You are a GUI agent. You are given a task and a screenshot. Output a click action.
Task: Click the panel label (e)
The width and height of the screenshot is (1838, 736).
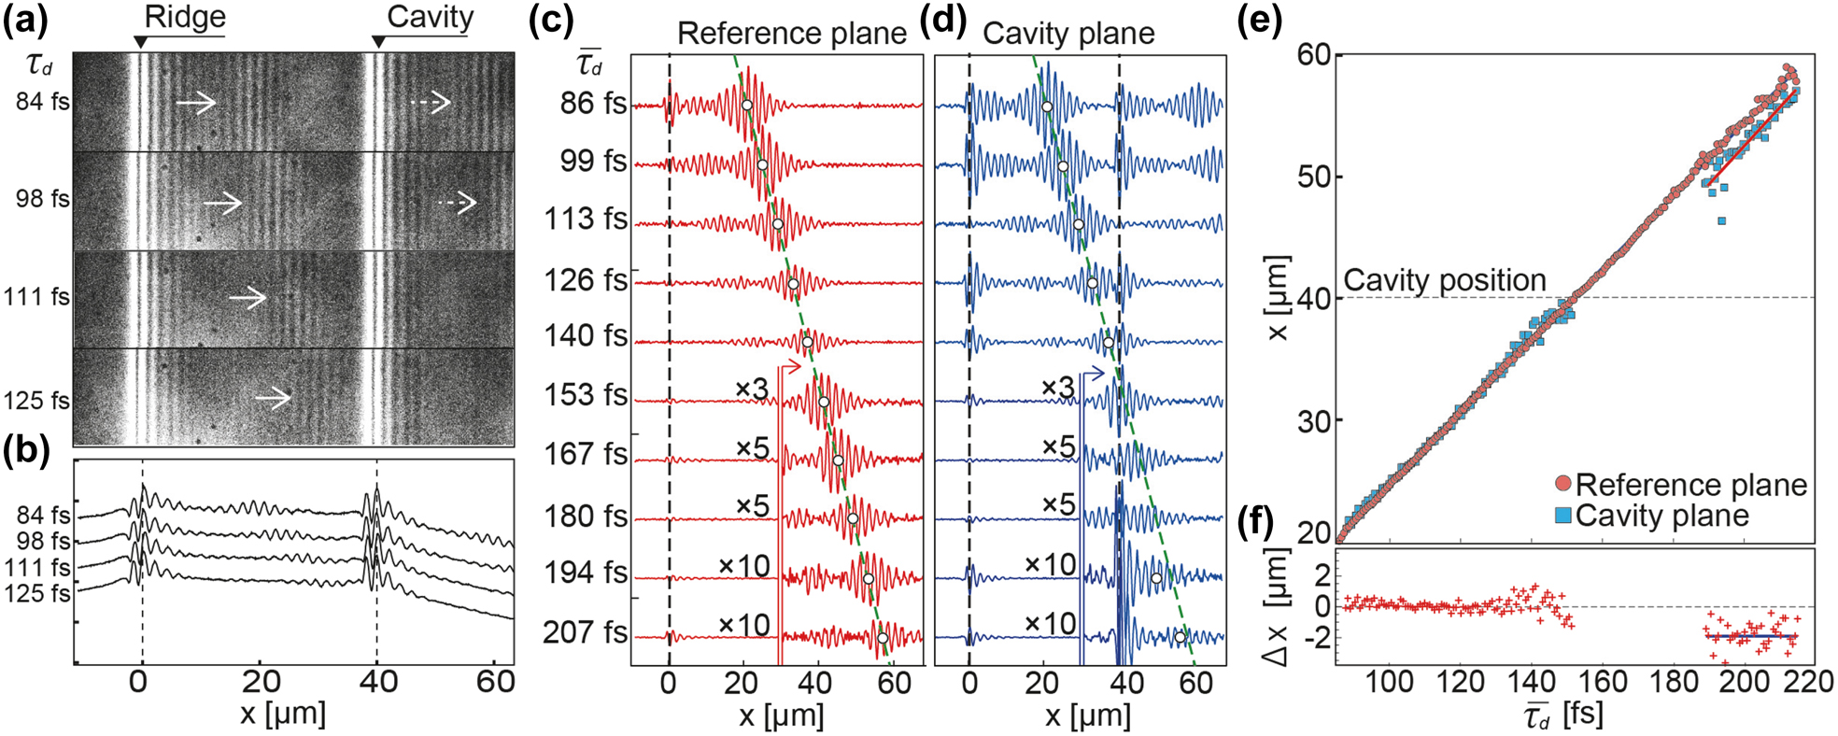1260,21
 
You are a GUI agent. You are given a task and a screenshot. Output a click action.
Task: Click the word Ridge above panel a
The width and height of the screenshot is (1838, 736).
185,18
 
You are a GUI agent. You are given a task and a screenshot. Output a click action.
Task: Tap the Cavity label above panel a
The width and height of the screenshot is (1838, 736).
430,17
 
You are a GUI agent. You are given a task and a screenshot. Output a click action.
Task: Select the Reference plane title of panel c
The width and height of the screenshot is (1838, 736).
791,34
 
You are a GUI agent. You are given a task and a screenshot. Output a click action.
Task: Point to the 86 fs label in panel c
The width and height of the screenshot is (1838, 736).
593,103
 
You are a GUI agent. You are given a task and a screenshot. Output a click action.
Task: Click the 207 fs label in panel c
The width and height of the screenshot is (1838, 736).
586,632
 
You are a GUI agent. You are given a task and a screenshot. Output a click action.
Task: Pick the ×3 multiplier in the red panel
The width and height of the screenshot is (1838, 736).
752,389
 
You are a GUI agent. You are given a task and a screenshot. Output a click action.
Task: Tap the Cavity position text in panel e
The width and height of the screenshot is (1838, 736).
1444,280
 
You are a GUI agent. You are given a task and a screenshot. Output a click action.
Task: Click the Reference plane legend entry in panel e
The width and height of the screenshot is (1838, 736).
1690,485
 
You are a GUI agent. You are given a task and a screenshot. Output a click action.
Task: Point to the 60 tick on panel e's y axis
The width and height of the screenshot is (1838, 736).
1315,55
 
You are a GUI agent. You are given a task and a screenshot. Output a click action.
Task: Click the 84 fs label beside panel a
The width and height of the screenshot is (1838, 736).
42,101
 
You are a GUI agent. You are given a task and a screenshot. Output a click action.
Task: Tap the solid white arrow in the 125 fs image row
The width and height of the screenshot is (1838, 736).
274,399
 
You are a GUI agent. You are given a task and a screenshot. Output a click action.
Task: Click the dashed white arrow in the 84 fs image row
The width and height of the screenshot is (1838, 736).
431,103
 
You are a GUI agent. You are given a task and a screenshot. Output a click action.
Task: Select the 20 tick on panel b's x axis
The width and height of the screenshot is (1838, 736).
261,682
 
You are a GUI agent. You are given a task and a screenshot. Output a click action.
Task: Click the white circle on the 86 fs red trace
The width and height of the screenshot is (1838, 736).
746,105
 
